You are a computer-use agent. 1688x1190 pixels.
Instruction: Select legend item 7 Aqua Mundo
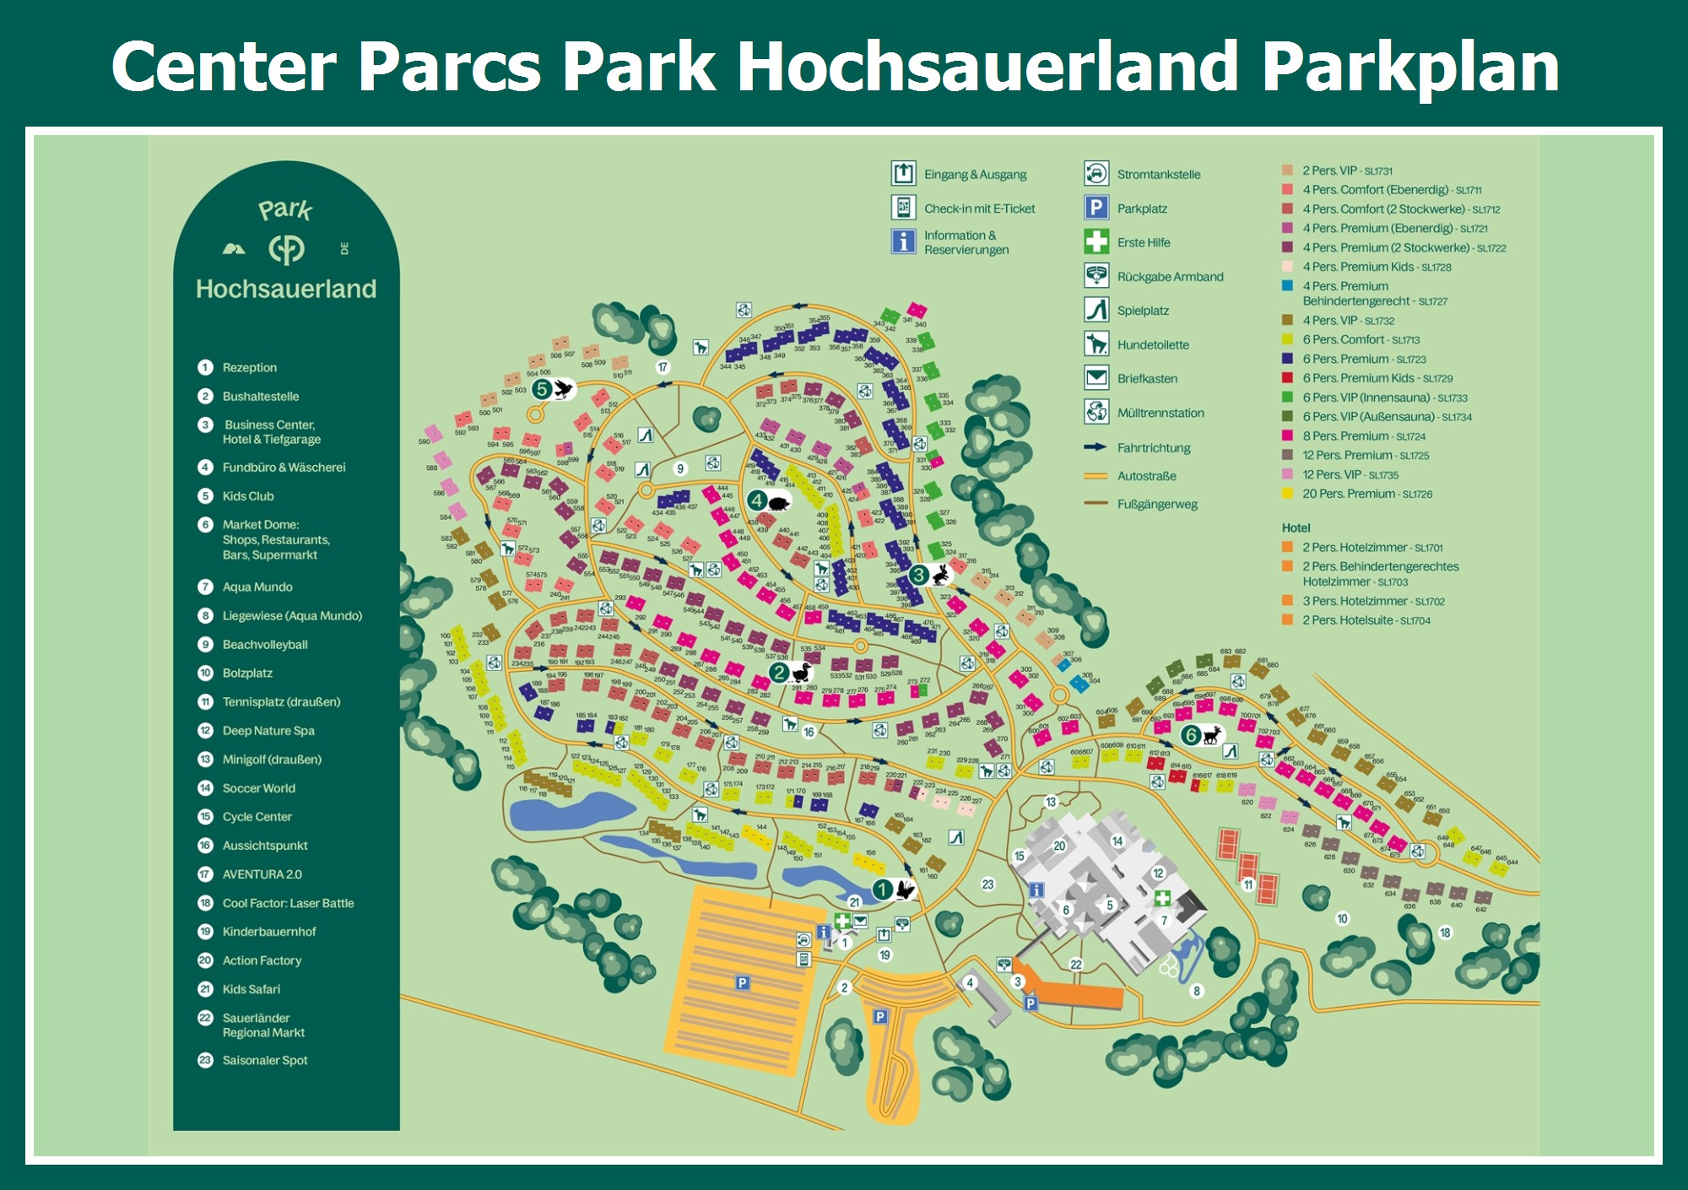coord(257,587)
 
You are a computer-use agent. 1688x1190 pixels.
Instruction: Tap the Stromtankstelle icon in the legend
coord(1096,174)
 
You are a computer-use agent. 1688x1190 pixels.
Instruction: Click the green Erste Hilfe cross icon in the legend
coord(1096,242)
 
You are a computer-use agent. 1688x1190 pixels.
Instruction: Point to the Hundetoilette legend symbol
coord(1096,344)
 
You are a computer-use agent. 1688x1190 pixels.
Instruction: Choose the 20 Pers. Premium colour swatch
coord(1287,494)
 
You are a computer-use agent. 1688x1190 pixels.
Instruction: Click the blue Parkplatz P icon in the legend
coord(1096,208)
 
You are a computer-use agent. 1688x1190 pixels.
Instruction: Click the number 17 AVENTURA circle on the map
coord(663,367)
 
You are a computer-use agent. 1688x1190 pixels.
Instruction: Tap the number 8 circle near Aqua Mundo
coord(1196,991)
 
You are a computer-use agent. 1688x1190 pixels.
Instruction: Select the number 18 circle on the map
coord(1445,933)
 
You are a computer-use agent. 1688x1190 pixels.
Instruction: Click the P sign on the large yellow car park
coord(742,982)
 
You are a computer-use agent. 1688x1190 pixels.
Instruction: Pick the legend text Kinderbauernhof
coord(268,932)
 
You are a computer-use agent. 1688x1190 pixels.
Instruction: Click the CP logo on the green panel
coord(286,249)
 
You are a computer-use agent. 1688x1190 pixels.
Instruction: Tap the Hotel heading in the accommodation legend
coord(1296,527)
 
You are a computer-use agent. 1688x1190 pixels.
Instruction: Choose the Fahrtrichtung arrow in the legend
coord(1095,447)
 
